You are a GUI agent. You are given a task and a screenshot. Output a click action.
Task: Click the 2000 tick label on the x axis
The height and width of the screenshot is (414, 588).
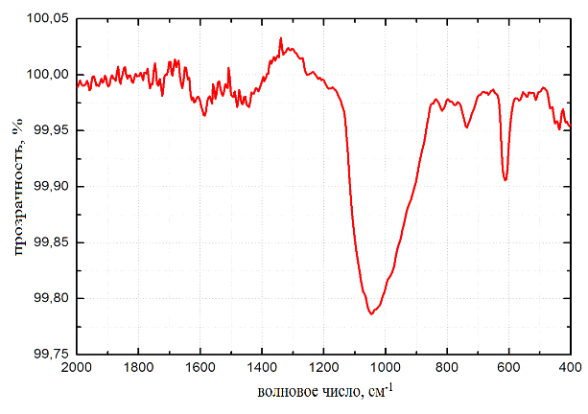[76, 367]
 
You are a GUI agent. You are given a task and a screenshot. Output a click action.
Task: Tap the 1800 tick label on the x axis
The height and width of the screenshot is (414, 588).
[138, 367]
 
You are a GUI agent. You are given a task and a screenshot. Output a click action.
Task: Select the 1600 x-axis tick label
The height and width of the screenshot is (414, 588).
[200, 367]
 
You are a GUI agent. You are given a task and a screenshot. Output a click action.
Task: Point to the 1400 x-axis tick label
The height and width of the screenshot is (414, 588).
[262, 367]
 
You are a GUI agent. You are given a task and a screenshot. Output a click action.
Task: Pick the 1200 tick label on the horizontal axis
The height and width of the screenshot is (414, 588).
[323, 367]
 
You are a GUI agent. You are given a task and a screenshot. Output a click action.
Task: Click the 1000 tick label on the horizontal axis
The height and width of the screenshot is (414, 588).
[386, 367]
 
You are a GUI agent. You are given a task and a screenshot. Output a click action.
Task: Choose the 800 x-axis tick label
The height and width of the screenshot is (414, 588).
[447, 367]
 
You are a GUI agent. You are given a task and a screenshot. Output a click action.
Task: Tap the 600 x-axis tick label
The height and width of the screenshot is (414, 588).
[508, 367]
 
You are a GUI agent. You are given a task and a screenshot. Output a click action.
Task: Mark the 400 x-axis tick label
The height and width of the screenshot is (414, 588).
[570, 367]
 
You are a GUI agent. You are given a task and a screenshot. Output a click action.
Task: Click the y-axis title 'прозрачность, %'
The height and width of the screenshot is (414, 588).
[16, 186]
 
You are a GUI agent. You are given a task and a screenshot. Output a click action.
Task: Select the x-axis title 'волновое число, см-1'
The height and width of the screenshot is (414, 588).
[325, 393]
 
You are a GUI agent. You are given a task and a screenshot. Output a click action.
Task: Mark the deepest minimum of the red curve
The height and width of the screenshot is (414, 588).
[370, 313]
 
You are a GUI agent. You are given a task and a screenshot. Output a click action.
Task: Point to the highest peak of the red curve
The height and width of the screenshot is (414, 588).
[281, 38]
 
